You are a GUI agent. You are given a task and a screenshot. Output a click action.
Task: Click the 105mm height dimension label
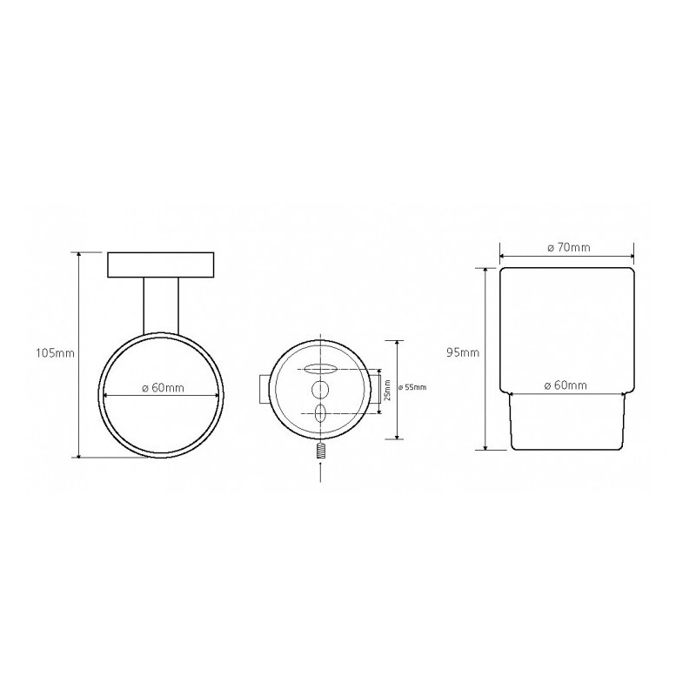(55, 353)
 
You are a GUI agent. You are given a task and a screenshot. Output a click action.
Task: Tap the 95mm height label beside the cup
(463, 353)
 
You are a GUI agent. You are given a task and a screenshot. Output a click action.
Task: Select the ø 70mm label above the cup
(569, 247)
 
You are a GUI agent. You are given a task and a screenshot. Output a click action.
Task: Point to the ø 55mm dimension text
(412, 387)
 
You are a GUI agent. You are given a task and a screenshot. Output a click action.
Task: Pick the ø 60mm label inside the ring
(163, 388)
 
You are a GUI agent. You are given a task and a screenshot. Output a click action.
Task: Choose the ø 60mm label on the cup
(565, 385)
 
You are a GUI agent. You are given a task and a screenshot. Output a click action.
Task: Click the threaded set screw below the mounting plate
(320, 452)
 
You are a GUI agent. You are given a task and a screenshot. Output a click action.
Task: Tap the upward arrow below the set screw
(320, 472)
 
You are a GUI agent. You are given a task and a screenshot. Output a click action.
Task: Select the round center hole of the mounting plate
(320, 390)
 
